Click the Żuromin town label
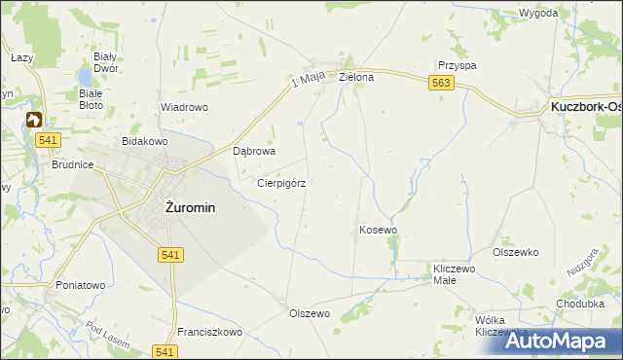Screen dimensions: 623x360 [190, 207]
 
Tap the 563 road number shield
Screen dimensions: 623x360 [440, 85]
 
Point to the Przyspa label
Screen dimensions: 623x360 [457, 65]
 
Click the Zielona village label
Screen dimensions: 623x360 [356, 76]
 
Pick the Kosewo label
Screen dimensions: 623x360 [379, 230]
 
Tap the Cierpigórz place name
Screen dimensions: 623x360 [282, 182]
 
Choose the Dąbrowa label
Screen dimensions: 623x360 [256, 152]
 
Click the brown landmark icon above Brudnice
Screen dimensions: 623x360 [34, 121]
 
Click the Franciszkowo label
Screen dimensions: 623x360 [209, 332]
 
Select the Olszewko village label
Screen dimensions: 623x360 [516, 252]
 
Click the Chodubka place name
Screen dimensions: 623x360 [580, 303]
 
